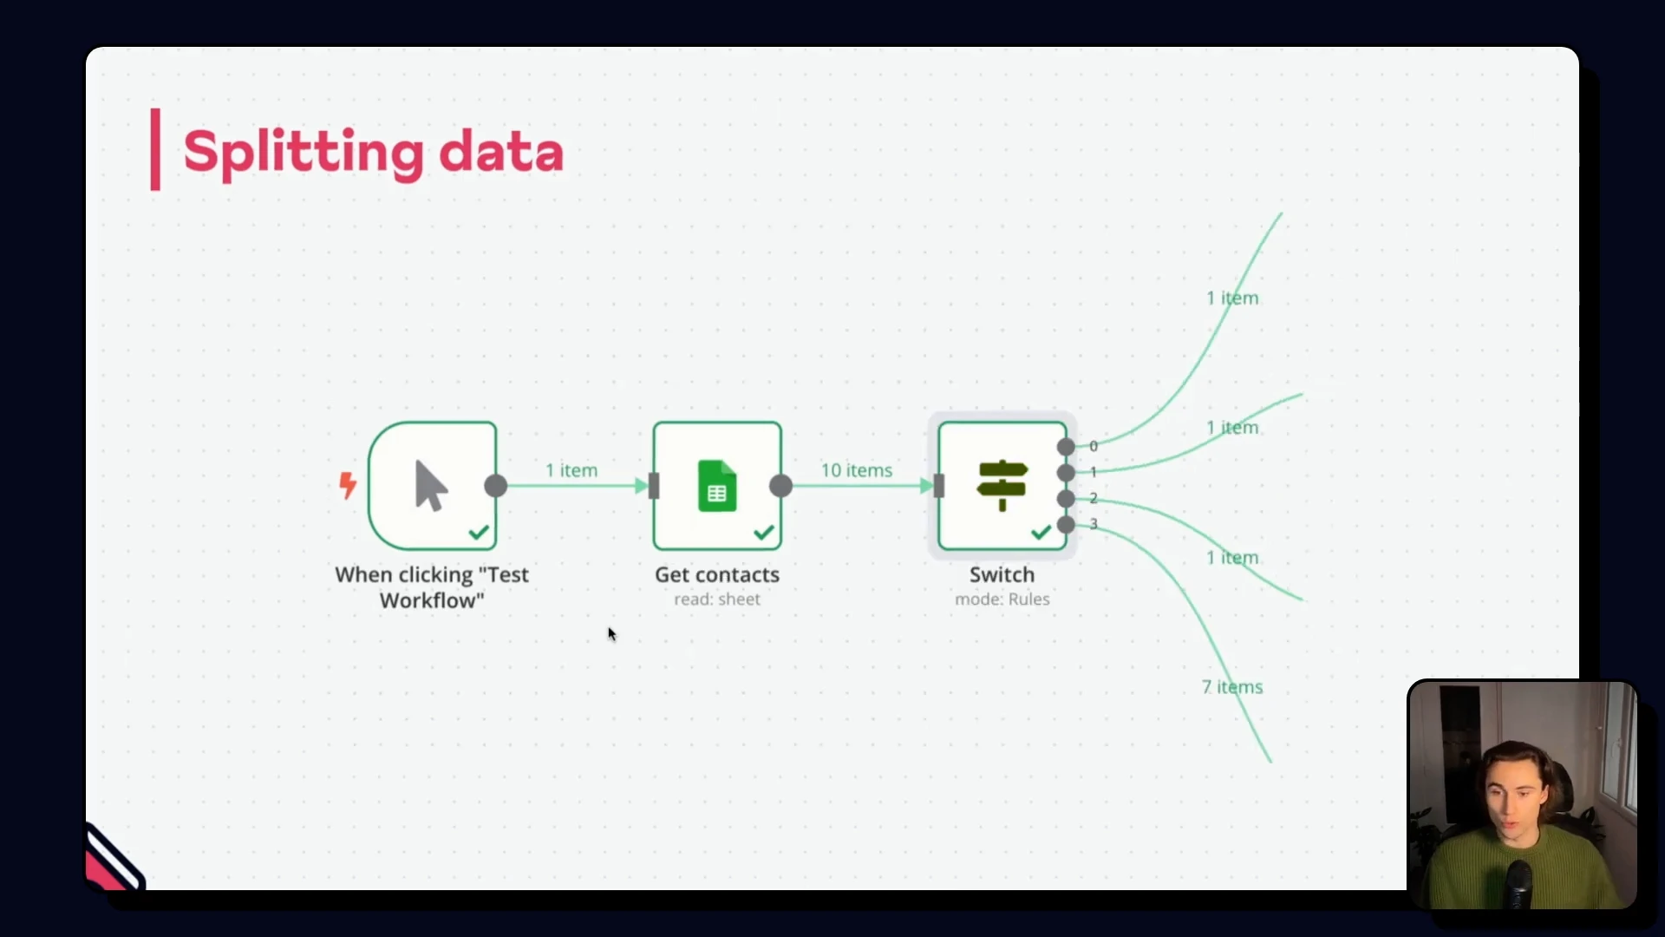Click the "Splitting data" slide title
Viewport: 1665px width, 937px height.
point(373,152)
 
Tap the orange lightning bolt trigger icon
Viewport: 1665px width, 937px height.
point(348,485)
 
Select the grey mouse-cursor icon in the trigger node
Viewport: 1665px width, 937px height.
point(431,485)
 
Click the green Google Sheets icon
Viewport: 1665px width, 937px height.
point(717,486)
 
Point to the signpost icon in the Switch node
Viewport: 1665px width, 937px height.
point(1002,485)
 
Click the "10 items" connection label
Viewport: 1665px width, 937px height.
point(857,470)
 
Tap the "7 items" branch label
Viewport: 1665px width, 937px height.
point(1232,687)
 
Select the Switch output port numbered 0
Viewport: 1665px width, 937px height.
point(1066,447)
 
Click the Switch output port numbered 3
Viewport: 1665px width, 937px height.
point(1066,524)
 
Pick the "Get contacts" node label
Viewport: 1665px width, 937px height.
point(717,574)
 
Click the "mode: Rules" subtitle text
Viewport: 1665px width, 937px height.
point(1002,600)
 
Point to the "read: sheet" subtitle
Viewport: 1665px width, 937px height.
point(717,600)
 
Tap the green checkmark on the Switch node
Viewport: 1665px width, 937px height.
point(1041,532)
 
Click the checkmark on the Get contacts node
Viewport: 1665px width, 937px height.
point(764,532)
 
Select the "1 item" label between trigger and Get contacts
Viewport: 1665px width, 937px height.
point(571,470)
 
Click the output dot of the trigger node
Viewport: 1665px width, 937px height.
point(496,486)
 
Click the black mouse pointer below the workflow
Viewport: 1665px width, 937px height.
point(611,634)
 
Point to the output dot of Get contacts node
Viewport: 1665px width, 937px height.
point(780,486)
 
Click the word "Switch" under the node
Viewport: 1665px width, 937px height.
point(1002,574)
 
